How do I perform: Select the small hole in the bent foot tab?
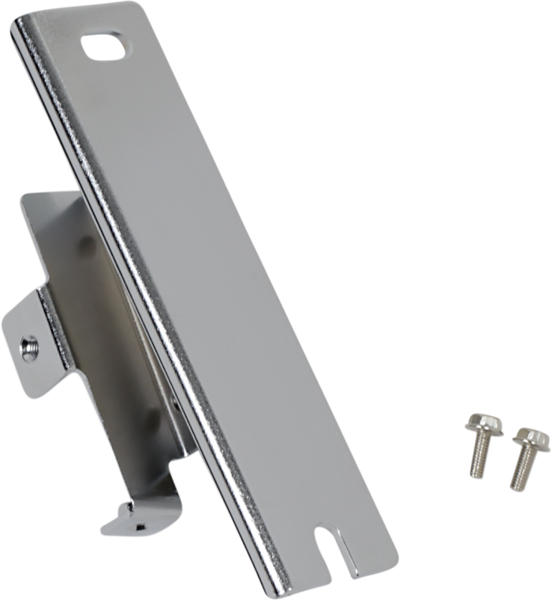pyautogui.click(x=139, y=524)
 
